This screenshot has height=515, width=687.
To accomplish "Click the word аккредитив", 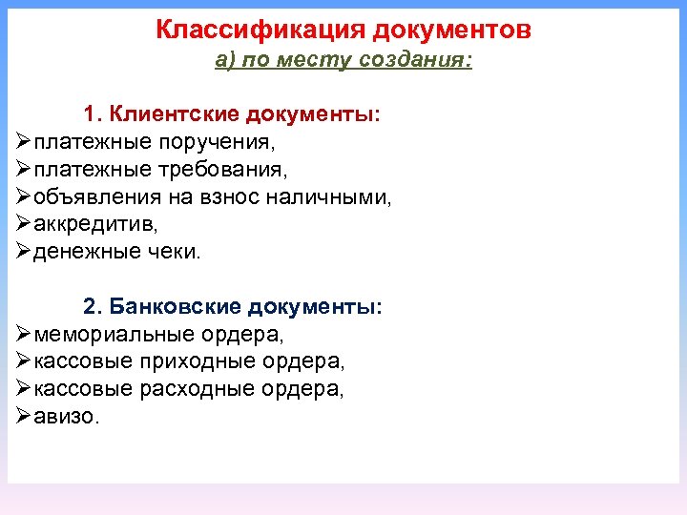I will click(x=94, y=225).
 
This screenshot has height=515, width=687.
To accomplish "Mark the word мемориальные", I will click(x=114, y=336).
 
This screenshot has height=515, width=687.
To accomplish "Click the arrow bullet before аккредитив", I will click(x=23, y=225).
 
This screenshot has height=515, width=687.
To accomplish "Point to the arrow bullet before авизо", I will click(x=23, y=417).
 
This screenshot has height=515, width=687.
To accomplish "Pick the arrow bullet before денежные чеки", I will click(x=23, y=252).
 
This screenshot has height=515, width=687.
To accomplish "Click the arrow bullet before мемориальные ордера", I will click(x=23, y=335).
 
